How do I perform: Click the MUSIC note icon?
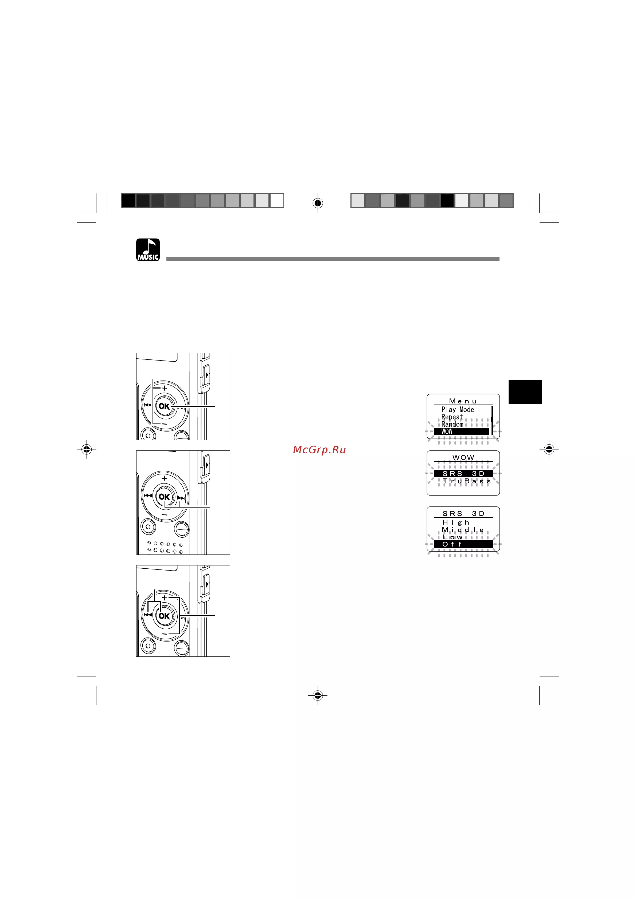pyautogui.click(x=148, y=250)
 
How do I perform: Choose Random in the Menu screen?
pyautogui.click(x=452, y=424)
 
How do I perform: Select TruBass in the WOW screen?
pyautogui.click(x=467, y=481)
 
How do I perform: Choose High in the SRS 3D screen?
pyautogui.click(x=456, y=522)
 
